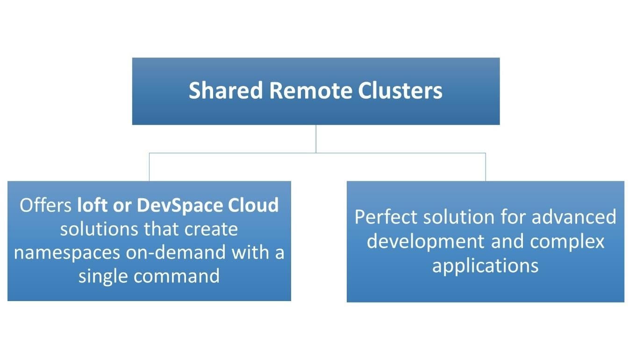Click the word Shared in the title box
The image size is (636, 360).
pyautogui.click(x=226, y=91)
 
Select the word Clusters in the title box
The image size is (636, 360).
pyautogui.click(x=400, y=91)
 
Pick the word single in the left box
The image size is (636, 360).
pyautogui.click(x=103, y=276)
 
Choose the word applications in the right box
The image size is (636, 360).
pyautogui.click(x=485, y=265)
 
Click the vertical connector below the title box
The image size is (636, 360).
pyautogui.click(x=316, y=138)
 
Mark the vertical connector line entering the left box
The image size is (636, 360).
pyautogui.click(x=150, y=167)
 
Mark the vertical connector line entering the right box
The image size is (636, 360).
pyautogui.click(x=486, y=167)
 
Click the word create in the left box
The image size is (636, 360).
pyautogui.click(x=211, y=229)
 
